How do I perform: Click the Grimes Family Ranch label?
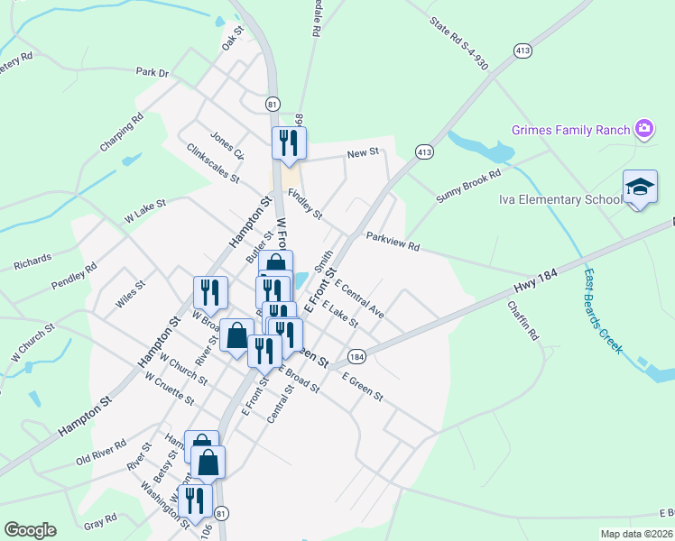(x=569, y=130)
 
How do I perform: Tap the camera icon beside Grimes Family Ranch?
(x=643, y=129)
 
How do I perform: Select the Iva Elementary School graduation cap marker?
(x=640, y=188)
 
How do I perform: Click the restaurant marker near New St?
(x=289, y=142)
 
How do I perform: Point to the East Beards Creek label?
(x=601, y=310)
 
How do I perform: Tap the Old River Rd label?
(x=101, y=454)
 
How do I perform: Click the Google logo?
(x=30, y=530)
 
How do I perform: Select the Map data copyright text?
(x=637, y=534)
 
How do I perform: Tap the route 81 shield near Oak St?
(x=273, y=105)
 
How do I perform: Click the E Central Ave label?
(x=359, y=300)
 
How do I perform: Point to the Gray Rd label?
(x=100, y=521)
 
